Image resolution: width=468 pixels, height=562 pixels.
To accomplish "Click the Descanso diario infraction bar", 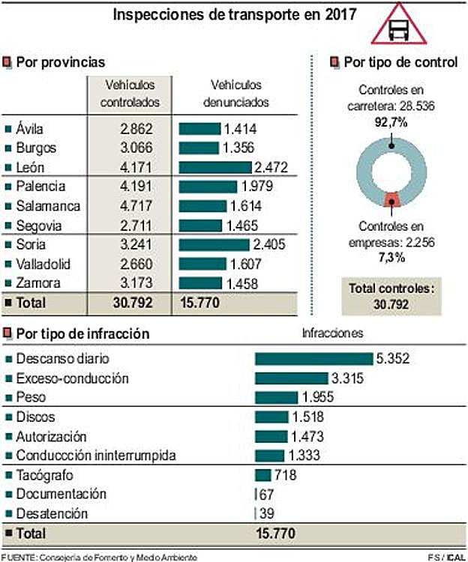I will pos(313,358).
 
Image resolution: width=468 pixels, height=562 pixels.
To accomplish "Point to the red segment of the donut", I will pos(391,199).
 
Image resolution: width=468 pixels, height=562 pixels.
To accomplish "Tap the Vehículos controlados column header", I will pos(130,94).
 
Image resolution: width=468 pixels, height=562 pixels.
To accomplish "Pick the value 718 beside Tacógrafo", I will pos(286,474).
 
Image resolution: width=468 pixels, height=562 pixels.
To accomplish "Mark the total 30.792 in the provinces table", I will pos(132,303).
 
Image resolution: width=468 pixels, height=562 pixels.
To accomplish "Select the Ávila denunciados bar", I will pos(198,128).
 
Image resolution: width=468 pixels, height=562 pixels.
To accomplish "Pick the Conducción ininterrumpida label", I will pos(95,456).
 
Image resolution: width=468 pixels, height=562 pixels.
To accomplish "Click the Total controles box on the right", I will pos(392,295).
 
